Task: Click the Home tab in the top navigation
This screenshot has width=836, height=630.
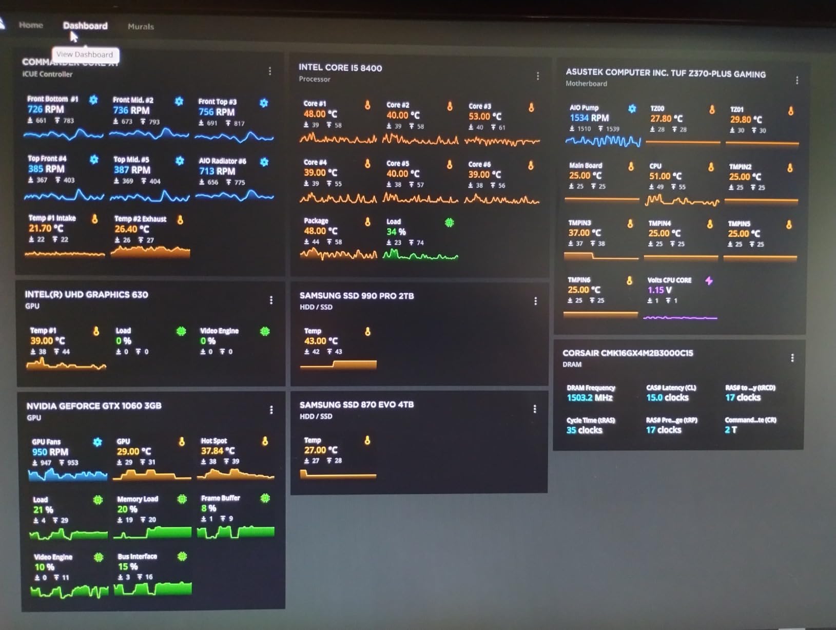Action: (31, 25)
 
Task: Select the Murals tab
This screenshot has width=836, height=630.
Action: (141, 27)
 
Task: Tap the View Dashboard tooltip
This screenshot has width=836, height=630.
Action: (85, 54)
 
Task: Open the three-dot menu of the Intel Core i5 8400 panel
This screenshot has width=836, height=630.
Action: (537, 76)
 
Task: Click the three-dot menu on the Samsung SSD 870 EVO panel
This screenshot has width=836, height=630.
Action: (534, 409)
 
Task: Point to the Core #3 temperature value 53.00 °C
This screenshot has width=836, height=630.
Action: (484, 117)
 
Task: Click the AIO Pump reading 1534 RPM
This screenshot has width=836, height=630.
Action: (589, 118)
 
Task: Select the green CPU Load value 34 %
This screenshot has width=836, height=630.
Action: (396, 232)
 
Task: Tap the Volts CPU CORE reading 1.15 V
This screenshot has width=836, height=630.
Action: (659, 290)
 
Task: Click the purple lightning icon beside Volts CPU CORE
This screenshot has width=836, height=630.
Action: (709, 281)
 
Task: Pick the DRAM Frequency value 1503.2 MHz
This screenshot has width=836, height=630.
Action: (590, 398)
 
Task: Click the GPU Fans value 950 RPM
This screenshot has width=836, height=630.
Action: (50, 452)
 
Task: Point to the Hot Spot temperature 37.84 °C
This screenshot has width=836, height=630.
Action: (218, 451)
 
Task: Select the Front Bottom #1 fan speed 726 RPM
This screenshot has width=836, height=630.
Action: (46, 109)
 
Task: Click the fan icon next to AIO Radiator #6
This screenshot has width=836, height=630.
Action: (264, 162)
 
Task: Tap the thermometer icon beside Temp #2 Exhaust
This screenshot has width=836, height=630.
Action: (180, 220)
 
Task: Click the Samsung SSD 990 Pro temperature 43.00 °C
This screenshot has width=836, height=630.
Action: (321, 341)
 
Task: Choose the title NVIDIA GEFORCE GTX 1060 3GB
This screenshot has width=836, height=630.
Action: (94, 406)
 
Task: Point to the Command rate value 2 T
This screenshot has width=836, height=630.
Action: (731, 430)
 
